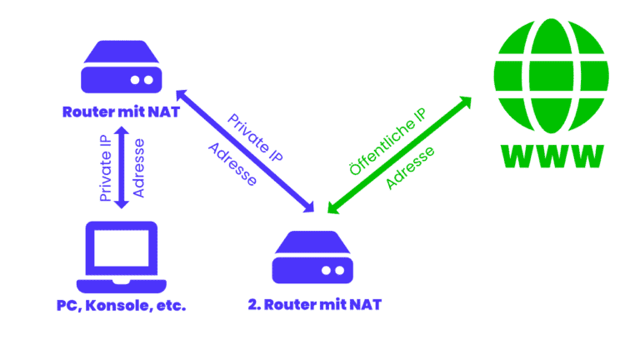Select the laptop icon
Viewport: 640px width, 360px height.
121,253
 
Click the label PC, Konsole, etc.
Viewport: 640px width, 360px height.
121,305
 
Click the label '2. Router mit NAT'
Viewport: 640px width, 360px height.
314,305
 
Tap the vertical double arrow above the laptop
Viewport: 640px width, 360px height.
122,167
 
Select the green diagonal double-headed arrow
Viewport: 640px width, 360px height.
398,154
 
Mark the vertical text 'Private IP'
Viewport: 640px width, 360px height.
106,167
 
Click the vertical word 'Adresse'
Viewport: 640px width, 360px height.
138,167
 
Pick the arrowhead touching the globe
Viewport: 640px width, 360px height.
462,105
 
